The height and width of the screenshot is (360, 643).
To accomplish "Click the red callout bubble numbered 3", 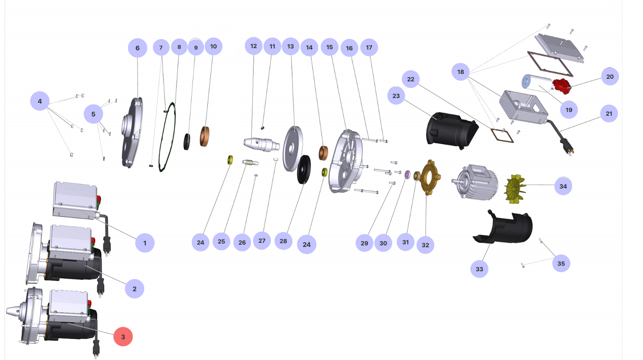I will point(123,337).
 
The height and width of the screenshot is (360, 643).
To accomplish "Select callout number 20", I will point(610,77).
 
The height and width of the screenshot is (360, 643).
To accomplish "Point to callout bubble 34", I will point(563,186).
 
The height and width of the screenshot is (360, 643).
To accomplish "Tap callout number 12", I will point(254,46).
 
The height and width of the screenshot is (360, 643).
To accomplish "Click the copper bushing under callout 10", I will point(205,137).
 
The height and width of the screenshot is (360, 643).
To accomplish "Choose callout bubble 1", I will point(145,243).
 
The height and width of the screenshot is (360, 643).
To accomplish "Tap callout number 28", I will point(283,241).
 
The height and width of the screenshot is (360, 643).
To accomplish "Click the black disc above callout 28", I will point(304,169).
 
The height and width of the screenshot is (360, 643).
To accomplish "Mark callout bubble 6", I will point(137,48).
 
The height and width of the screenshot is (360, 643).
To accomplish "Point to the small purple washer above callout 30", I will point(407,174).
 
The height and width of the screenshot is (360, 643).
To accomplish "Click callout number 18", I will point(461,72).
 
